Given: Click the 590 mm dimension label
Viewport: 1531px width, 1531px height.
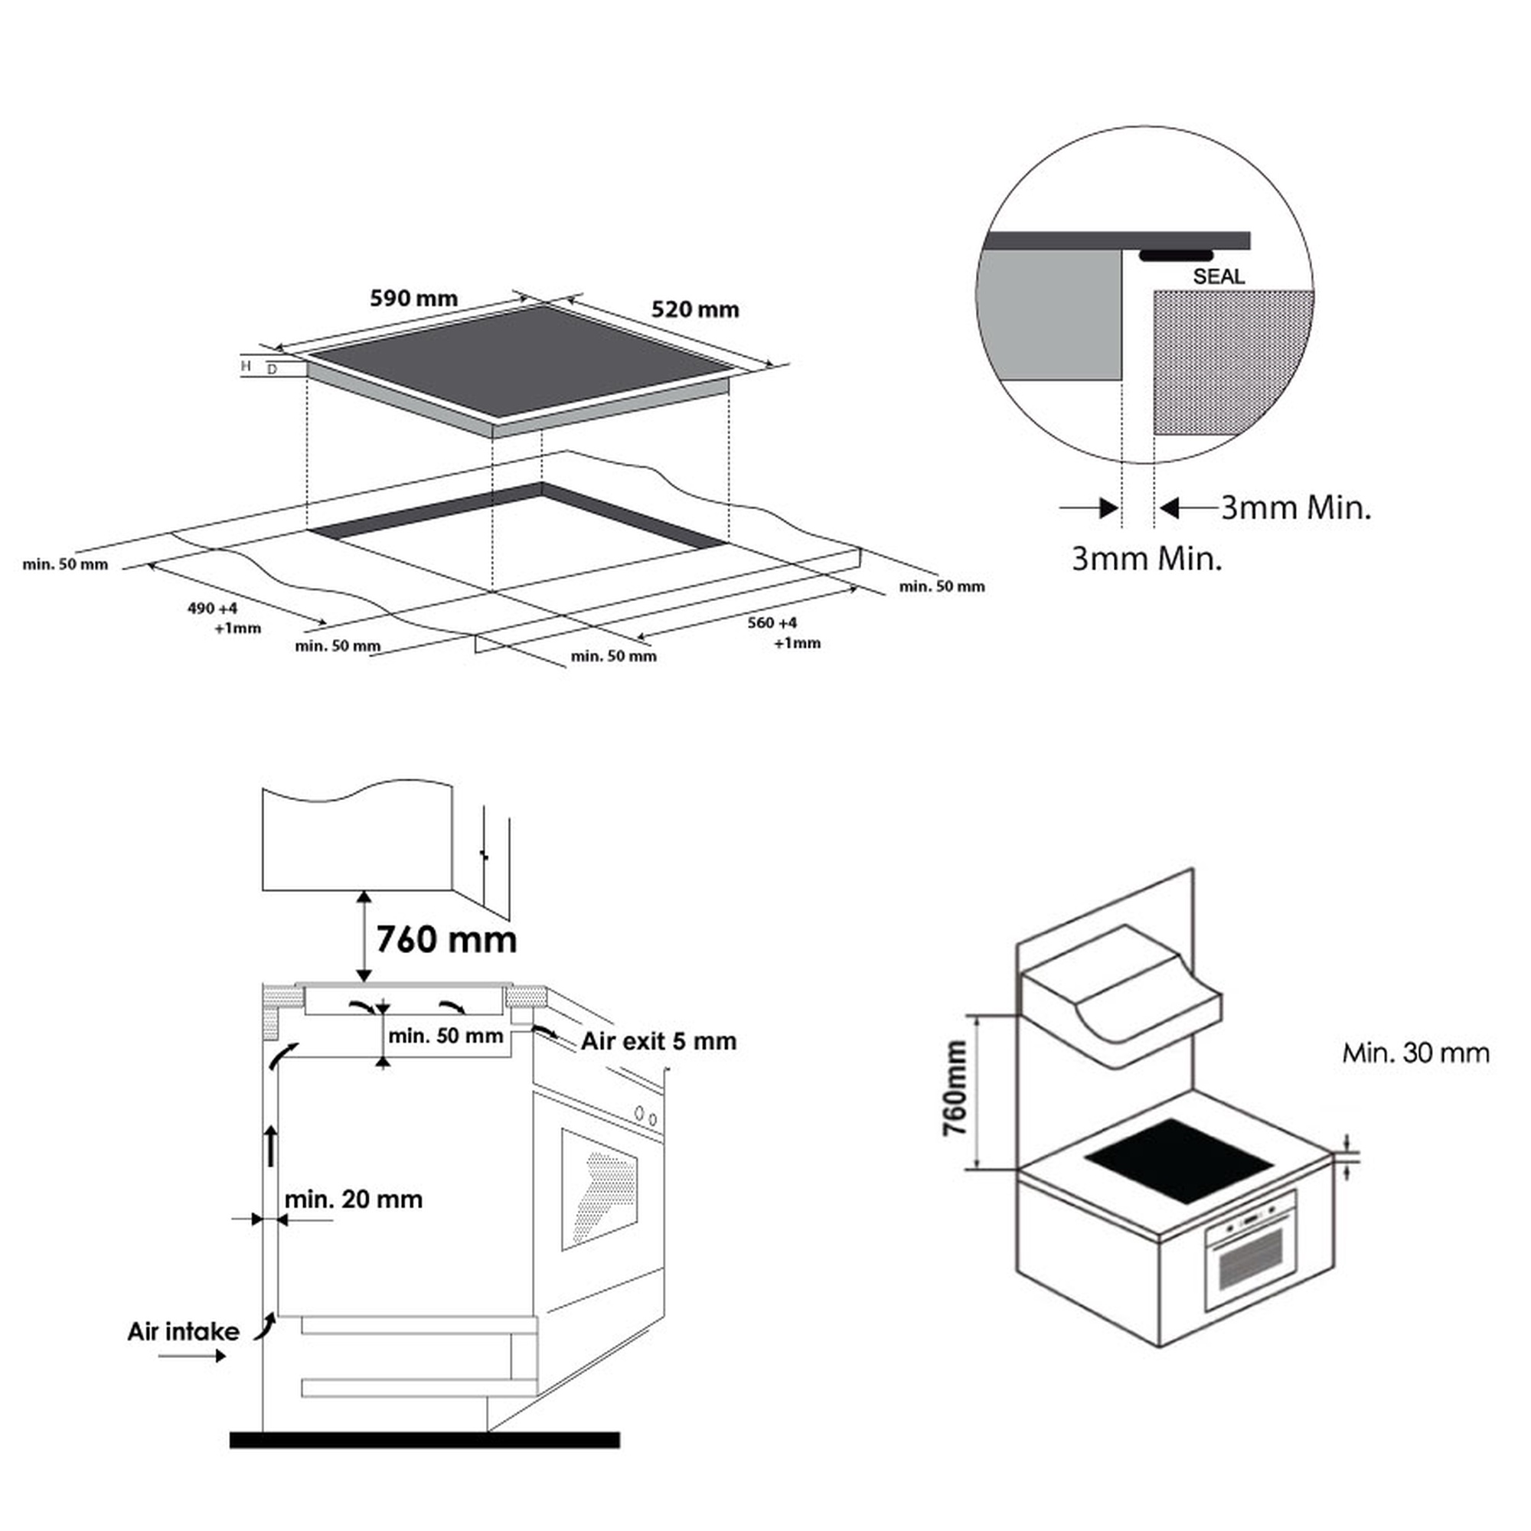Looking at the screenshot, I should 413,299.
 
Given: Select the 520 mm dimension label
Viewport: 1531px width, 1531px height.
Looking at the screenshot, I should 695,309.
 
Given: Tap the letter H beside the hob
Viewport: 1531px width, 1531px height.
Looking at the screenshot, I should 246,365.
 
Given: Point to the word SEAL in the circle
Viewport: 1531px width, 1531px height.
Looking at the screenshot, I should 1218,276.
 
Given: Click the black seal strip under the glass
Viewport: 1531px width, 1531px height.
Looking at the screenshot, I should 1176,255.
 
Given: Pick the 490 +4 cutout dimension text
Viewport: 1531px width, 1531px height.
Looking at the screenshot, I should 212,609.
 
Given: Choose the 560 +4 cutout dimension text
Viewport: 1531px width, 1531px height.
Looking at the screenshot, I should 772,624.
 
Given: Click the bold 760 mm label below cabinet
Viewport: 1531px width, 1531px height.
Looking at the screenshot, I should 446,940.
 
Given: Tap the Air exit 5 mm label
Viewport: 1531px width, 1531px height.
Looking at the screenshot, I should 658,1041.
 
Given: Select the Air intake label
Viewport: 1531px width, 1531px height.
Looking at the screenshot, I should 183,1331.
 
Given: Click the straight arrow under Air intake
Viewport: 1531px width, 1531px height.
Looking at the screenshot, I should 192,1356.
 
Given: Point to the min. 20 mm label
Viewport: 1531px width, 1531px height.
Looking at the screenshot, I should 354,1199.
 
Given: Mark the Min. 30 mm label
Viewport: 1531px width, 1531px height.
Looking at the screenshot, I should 1415,1053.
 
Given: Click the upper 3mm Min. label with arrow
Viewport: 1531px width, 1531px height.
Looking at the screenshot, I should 1296,508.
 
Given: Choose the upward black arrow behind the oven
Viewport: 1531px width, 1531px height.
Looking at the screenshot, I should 271,1146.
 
